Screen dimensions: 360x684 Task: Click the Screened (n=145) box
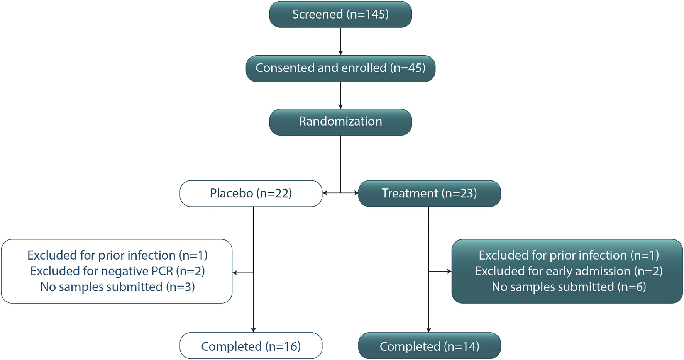point(340,14)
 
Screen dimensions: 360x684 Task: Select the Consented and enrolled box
point(340,68)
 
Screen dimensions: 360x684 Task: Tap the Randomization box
point(340,122)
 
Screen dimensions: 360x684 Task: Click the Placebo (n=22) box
point(251,193)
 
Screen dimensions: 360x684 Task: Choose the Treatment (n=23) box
point(429,193)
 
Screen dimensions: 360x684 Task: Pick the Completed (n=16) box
point(251,346)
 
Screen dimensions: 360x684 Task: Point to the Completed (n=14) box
point(429,346)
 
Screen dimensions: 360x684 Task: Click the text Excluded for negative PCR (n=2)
point(117,271)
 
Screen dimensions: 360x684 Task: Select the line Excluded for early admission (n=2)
point(569,271)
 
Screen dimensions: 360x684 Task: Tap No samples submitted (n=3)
point(117,287)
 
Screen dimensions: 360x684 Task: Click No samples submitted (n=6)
point(569,287)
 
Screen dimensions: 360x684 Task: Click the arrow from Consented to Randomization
point(340,95)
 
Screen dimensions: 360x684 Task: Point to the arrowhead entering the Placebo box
point(325,193)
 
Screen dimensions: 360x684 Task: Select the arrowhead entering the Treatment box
point(356,193)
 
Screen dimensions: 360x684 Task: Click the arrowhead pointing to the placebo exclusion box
point(235,273)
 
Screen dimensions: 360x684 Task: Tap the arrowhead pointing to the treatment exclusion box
point(449,271)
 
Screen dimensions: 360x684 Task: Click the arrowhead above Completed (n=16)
point(253,329)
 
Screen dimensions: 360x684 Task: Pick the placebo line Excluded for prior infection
point(117,255)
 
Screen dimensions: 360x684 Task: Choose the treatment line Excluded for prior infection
point(569,255)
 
